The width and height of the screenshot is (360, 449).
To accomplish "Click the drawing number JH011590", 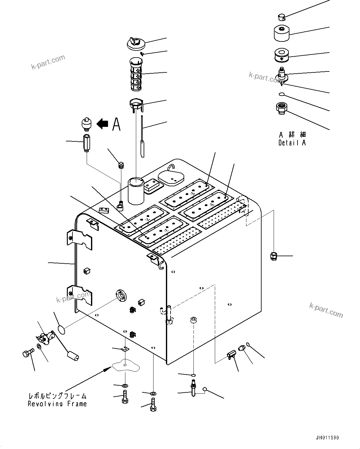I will click(327, 438).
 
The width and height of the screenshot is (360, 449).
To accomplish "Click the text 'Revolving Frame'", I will click(57, 404).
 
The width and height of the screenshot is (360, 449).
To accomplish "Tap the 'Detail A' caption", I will click(292, 143).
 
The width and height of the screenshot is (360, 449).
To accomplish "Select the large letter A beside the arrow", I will click(116, 124).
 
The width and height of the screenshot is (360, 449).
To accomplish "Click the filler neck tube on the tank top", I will click(136, 190).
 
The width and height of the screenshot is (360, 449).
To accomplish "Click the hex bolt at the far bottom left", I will click(27, 353).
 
